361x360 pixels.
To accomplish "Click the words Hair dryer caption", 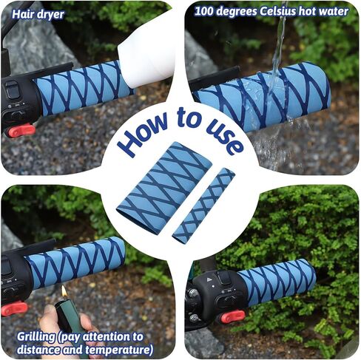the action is pos(38,15).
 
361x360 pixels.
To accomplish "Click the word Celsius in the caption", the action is pos(277,12).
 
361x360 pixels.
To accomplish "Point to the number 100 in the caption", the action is pos(203,12).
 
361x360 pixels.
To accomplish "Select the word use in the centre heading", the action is pos(223,133).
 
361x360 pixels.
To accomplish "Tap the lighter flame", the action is pos(64,291).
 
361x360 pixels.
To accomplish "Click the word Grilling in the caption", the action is pos(36,337).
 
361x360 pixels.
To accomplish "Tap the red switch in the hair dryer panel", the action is pos(21,131).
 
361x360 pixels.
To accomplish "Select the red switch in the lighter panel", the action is pos(14,309).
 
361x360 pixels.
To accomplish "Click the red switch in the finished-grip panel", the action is pos(233,316).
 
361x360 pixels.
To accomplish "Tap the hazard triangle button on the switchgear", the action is pos(209,279).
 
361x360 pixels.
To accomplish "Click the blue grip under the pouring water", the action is pos(262,97).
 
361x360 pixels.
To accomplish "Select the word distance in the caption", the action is pos(38,350).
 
